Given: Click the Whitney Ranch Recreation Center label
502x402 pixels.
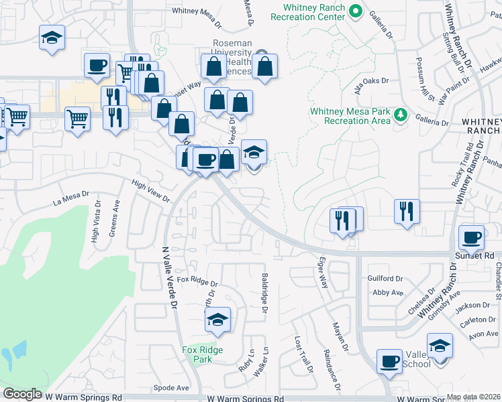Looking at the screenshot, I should click(314, 13).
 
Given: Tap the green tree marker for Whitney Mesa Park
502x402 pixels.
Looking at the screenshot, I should click(401, 115).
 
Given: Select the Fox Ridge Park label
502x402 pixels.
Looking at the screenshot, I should click(202, 354).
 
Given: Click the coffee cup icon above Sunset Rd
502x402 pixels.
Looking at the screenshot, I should click(471, 237).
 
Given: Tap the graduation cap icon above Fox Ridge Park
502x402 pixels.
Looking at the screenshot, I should click(217, 320).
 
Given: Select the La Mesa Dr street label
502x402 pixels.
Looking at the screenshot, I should click(71, 198).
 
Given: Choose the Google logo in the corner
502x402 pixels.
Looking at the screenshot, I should click(22, 394).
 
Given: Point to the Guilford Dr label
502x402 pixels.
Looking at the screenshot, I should click(385, 278).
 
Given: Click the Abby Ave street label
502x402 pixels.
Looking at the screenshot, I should click(387, 292).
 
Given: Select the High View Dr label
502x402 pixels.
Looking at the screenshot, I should click(151, 191).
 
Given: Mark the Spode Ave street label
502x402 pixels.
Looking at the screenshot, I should click(171, 388).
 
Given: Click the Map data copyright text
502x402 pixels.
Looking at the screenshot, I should click(473, 397).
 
